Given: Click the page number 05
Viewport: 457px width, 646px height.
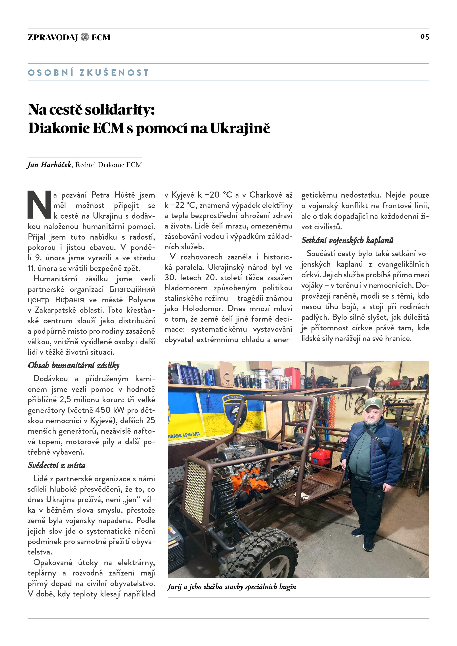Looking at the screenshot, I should click(x=424, y=37).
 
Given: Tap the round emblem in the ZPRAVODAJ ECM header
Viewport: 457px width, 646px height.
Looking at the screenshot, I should click(x=85, y=37).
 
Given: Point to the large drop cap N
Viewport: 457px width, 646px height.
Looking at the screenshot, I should click(x=39, y=205).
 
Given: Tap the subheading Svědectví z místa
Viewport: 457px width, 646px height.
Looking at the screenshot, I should click(x=57, y=465).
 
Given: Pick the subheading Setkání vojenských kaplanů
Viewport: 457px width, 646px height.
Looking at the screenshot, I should click(x=347, y=240).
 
